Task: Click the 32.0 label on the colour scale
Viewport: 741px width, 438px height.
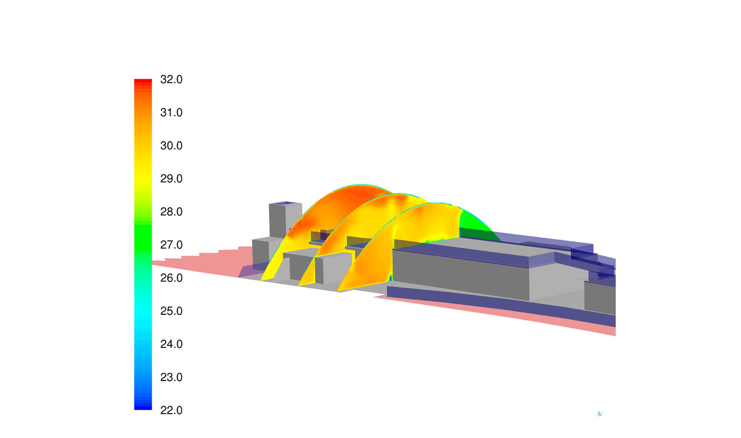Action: click(x=171, y=79)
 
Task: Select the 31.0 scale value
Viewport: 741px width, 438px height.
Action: click(x=171, y=112)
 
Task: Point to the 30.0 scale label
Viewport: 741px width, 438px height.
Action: click(x=171, y=145)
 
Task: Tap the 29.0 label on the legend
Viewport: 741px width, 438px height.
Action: click(x=171, y=178)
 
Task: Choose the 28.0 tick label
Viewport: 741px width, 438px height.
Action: click(x=171, y=211)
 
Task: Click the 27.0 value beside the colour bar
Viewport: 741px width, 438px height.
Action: click(x=171, y=244)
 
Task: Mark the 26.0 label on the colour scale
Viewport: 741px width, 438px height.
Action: click(x=171, y=278)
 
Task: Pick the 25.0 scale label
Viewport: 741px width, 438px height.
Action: click(x=171, y=311)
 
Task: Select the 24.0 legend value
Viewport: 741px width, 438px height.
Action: click(x=171, y=344)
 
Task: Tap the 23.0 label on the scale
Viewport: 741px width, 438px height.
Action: click(x=171, y=377)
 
